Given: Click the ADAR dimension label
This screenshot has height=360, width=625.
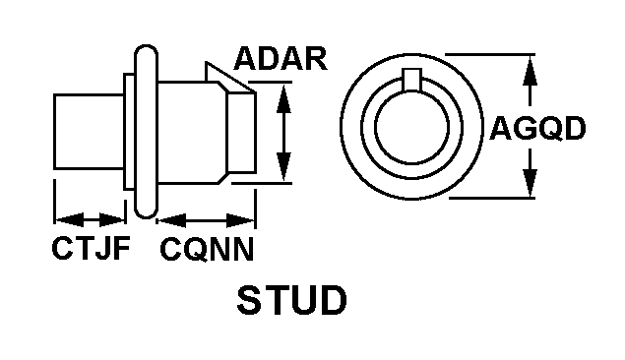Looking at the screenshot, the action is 281,59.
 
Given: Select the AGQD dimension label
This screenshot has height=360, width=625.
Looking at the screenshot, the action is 537,128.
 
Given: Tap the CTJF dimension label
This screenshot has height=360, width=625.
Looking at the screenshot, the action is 92,248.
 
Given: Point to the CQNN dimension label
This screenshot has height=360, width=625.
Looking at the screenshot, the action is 207,249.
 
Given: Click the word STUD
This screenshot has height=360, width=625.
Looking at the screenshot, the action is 291,300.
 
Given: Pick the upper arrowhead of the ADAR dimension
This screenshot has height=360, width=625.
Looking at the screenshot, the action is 283,98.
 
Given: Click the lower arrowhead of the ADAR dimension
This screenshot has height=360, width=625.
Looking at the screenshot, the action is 283,166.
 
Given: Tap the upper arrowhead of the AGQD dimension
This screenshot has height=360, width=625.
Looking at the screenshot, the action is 530,71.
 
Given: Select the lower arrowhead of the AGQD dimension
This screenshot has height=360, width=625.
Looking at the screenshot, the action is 530,183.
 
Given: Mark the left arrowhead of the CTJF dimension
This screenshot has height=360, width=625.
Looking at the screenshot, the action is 69,219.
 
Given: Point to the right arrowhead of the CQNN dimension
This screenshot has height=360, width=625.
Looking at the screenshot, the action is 240,220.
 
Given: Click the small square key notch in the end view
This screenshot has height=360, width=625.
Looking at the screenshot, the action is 411,79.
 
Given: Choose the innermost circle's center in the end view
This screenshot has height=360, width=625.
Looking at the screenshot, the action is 411,128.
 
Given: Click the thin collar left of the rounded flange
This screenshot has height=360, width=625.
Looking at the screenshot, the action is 129,132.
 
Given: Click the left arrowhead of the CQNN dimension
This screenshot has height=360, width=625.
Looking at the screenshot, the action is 172,220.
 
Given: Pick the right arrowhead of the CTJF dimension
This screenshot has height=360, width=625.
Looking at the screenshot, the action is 112,219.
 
